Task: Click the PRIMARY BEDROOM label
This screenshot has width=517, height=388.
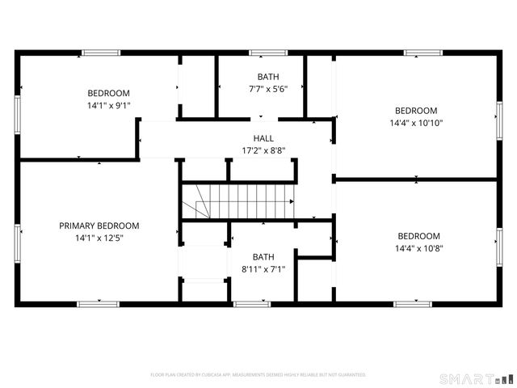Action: coord(99,226)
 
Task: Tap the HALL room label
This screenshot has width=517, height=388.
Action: coord(263,138)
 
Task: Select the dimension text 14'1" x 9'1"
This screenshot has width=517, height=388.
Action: coord(108,105)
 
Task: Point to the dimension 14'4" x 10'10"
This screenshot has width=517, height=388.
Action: coord(416,123)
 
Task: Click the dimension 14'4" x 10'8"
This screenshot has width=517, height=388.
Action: coord(418,248)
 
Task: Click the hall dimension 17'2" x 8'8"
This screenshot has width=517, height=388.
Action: coord(263,150)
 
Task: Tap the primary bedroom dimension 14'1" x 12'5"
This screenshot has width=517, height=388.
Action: coord(99,238)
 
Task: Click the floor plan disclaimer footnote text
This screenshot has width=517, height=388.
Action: coord(258,374)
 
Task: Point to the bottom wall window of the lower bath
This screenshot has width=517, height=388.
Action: coord(252,304)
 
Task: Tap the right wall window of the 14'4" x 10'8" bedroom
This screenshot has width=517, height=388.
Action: coord(499,242)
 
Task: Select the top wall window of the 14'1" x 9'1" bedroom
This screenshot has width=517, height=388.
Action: coord(101,53)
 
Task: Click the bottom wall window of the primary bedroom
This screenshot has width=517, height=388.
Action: coord(96,304)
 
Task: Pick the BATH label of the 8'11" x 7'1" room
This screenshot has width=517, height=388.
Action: coord(263,256)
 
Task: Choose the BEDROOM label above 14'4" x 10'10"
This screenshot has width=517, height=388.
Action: coord(416,111)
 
